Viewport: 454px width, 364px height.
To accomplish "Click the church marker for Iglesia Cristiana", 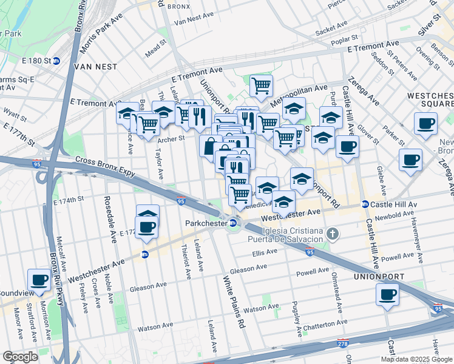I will click(332, 233).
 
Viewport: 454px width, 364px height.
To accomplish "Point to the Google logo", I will click(20, 357).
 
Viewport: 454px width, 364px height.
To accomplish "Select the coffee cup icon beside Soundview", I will click(39, 280).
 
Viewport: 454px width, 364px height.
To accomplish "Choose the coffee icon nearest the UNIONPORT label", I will click(387, 295).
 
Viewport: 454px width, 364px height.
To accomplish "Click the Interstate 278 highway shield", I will click(344, 343).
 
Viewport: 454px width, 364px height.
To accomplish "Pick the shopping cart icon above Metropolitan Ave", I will click(260, 86).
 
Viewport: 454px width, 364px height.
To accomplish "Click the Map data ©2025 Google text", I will click(416, 359).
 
